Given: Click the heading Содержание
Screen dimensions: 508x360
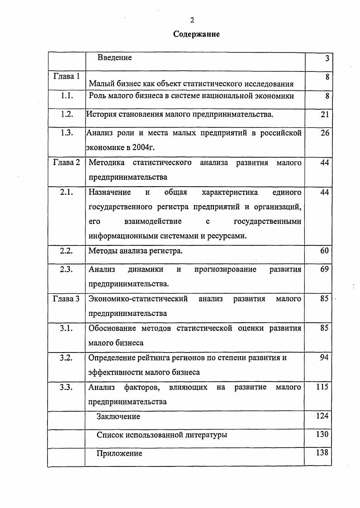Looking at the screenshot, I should [x=197, y=34].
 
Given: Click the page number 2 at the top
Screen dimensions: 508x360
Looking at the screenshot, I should [x=192, y=20].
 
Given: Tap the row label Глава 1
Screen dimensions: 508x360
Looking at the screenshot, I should [x=66, y=76].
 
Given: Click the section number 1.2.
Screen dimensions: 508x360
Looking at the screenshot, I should [x=67, y=114].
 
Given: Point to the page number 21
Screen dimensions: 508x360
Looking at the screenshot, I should [x=324, y=115].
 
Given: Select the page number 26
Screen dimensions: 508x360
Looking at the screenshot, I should [x=324, y=133].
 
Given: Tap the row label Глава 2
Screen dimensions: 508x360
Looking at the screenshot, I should [x=66, y=163].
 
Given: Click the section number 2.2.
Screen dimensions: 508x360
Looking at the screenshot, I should [x=66, y=250].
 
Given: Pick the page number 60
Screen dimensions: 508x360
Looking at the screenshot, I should [x=324, y=250].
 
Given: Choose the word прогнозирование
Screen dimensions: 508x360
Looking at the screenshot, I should [x=225, y=270].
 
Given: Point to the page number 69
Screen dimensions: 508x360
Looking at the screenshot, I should [x=324, y=270].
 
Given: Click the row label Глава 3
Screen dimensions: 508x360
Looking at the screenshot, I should [x=66, y=299].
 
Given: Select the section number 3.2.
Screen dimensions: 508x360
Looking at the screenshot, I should [x=66, y=358].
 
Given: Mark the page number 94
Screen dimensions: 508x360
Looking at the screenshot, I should [x=324, y=358].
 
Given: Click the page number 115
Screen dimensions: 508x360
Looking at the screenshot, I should [x=322, y=387].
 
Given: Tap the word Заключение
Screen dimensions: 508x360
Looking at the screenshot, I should [x=118, y=416].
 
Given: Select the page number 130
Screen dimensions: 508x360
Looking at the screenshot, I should [x=322, y=434].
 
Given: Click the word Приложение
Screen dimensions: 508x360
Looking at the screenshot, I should [x=119, y=453].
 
